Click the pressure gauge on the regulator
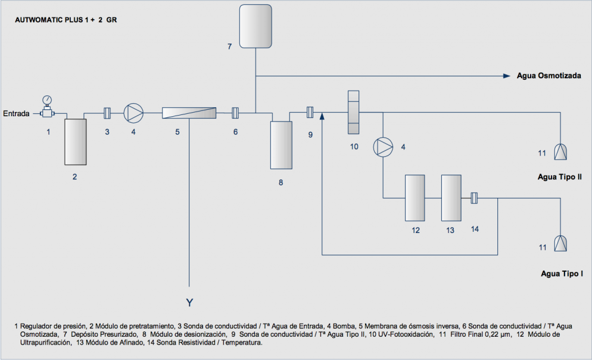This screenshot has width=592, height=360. pyautogui.click(x=47, y=100)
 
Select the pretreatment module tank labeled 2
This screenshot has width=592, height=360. pyautogui.click(x=76, y=142)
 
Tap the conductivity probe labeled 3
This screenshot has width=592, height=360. pyautogui.click(x=107, y=113)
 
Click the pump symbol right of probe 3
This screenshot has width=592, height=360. pyautogui.click(x=133, y=113)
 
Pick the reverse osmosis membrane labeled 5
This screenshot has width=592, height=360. pyautogui.click(x=189, y=113)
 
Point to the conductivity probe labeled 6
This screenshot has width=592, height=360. pyautogui.click(x=235, y=113)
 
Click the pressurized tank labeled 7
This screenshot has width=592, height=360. pyautogui.click(x=256, y=26)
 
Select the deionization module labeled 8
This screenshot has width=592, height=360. pyautogui.click(x=281, y=145)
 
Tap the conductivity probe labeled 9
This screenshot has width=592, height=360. pyautogui.click(x=310, y=112)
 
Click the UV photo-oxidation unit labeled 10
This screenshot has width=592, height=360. pyautogui.click(x=353, y=112)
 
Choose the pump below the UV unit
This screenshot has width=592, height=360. pyautogui.click(x=383, y=147)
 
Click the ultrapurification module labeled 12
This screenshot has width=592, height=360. pyautogui.click(x=415, y=198)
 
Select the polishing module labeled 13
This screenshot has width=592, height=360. pyautogui.click(x=451, y=198)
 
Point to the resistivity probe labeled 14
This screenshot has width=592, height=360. pyautogui.click(x=474, y=198)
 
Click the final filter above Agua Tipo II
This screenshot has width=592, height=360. pyautogui.click(x=560, y=151)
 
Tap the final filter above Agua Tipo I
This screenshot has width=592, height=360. pyautogui.click(x=560, y=243)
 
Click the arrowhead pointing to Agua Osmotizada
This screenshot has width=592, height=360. pyautogui.click(x=507, y=76)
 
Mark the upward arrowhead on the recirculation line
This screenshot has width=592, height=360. pyautogui.click(x=322, y=116)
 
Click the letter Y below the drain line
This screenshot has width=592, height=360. pyautogui.click(x=189, y=303)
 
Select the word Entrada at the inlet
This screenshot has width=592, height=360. pyautogui.click(x=16, y=113)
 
